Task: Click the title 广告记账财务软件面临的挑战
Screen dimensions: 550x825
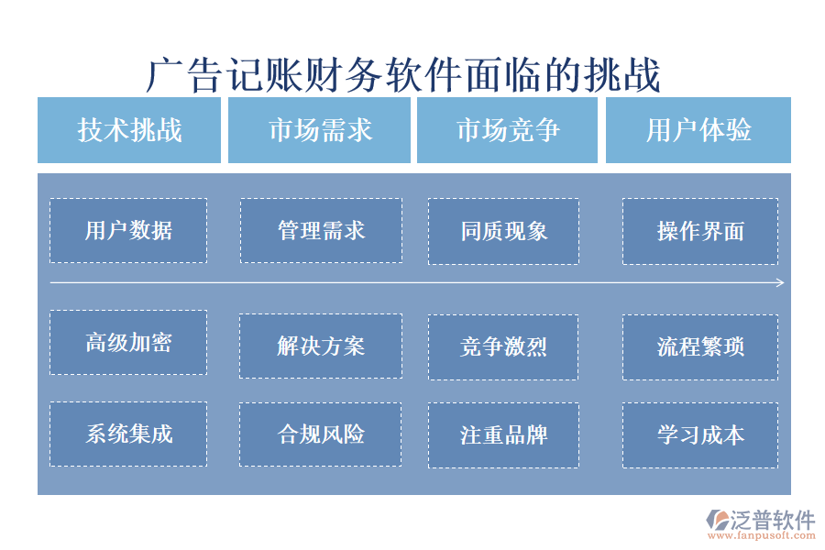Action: pyautogui.click(x=403, y=75)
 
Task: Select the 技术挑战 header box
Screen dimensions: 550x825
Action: pyautogui.click(x=129, y=130)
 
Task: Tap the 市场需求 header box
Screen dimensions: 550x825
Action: pyautogui.click(x=319, y=130)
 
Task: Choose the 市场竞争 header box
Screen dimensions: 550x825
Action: pyautogui.click(x=507, y=130)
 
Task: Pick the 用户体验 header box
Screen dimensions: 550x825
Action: pyautogui.click(x=698, y=130)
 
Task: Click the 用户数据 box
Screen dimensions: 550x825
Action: pyautogui.click(x=128, y=230)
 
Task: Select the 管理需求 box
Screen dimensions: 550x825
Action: pyautogui.click(x=321, y=230)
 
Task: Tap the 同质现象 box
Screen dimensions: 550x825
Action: pyautogui.click(x=503, y=231)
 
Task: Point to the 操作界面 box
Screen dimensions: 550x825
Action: pyautogui.click(x=700, y=231)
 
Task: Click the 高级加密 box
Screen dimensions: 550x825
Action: pyautogui.click(x=128, y=342)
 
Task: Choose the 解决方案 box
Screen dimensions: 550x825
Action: pyautogui.click(x=321, y=346)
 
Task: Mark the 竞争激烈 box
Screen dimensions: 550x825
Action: pyautogui.click(x=503, y=346)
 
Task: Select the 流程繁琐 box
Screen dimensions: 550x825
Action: pyautogui.click(x=700, y=346)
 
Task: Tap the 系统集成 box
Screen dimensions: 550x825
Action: pyautogui.click(x=128, y=434)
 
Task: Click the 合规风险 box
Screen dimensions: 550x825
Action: pyautogui.click(x=321, y=434)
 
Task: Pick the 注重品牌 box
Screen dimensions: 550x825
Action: pyautogui.click(x=503, y=434)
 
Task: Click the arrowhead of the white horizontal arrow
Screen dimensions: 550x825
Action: pyautogui.click(x=780, y=283)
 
